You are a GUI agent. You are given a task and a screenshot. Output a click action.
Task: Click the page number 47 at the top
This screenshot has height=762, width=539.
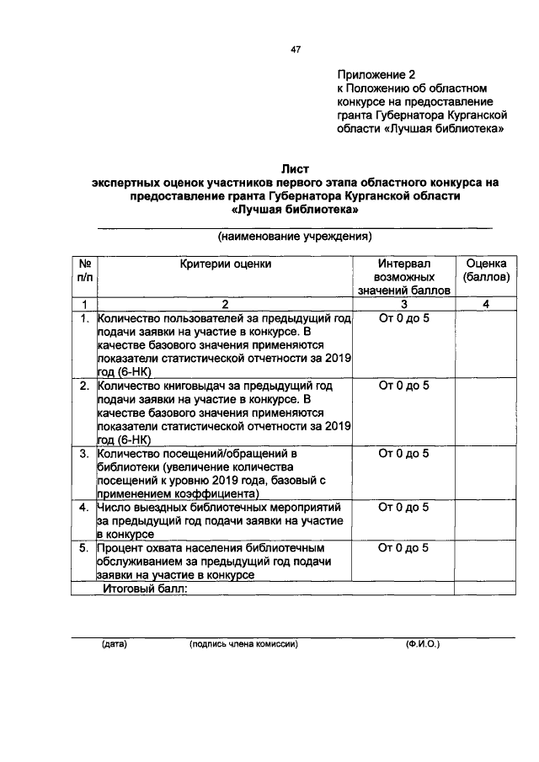pos(296,50)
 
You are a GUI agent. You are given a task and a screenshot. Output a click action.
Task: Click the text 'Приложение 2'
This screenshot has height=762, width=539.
pos(376,74)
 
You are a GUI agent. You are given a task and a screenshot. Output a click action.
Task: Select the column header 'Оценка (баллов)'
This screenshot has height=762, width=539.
pos(486,269)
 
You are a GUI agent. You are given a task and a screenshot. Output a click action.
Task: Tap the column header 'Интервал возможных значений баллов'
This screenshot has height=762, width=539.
pos(403,276)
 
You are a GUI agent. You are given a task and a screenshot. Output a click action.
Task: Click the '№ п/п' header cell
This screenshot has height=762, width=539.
pos(84,269)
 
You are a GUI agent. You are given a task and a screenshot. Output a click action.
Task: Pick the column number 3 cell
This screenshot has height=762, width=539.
pos(403,303)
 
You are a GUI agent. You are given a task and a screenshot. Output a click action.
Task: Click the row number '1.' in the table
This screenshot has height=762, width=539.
pos(84,318)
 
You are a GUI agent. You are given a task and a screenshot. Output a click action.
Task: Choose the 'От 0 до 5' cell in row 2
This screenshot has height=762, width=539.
pos(403,386)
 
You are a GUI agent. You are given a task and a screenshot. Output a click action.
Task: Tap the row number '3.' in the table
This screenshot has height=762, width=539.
pos(84,453)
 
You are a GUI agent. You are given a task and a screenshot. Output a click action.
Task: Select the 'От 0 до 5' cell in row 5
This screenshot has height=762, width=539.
pos(403,547)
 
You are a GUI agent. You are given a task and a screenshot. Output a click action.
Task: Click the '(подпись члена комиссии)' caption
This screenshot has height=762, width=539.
pos(244,644)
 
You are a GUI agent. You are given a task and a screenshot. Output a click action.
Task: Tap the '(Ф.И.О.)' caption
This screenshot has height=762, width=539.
pos(421,644)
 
